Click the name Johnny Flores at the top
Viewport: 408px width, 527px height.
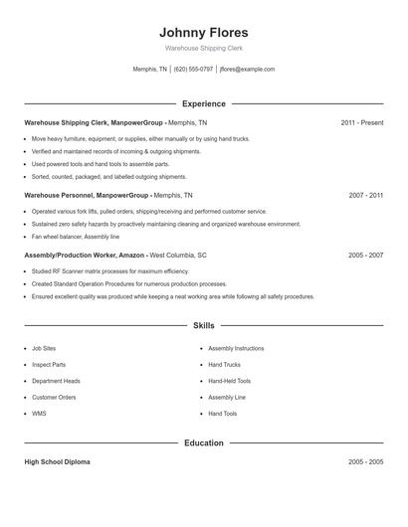point(204,32)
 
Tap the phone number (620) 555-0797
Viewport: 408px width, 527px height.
point(193,70)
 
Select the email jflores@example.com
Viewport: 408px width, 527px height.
point(247,70)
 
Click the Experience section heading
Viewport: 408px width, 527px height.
point(204,103)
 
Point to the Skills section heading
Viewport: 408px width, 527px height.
point(204,325)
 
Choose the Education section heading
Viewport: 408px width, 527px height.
point(204,442)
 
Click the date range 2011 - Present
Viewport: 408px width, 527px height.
point(361,122)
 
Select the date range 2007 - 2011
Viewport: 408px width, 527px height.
point(366,196)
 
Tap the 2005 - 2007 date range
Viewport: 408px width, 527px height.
point(366,255)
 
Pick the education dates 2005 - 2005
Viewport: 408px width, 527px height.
point(366,462)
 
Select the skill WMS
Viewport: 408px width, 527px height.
point(39,413)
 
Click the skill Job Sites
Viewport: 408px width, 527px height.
point(45,349)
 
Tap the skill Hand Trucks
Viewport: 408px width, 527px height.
point(226,365)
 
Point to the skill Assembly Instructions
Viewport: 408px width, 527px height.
point(236,349)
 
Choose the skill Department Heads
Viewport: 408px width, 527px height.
point(56,381)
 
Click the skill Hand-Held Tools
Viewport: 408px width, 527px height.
point(230,381)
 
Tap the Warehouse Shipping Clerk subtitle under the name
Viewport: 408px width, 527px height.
point(204,48)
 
